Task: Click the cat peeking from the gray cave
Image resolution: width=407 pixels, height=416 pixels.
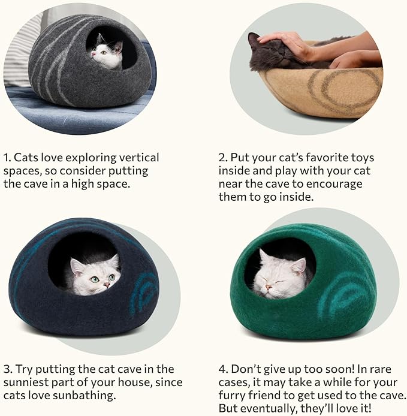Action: pyautogui.click(x=107, y=53)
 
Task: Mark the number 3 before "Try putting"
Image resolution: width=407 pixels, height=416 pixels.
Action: pyautogui.click(x=7, y=369)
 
